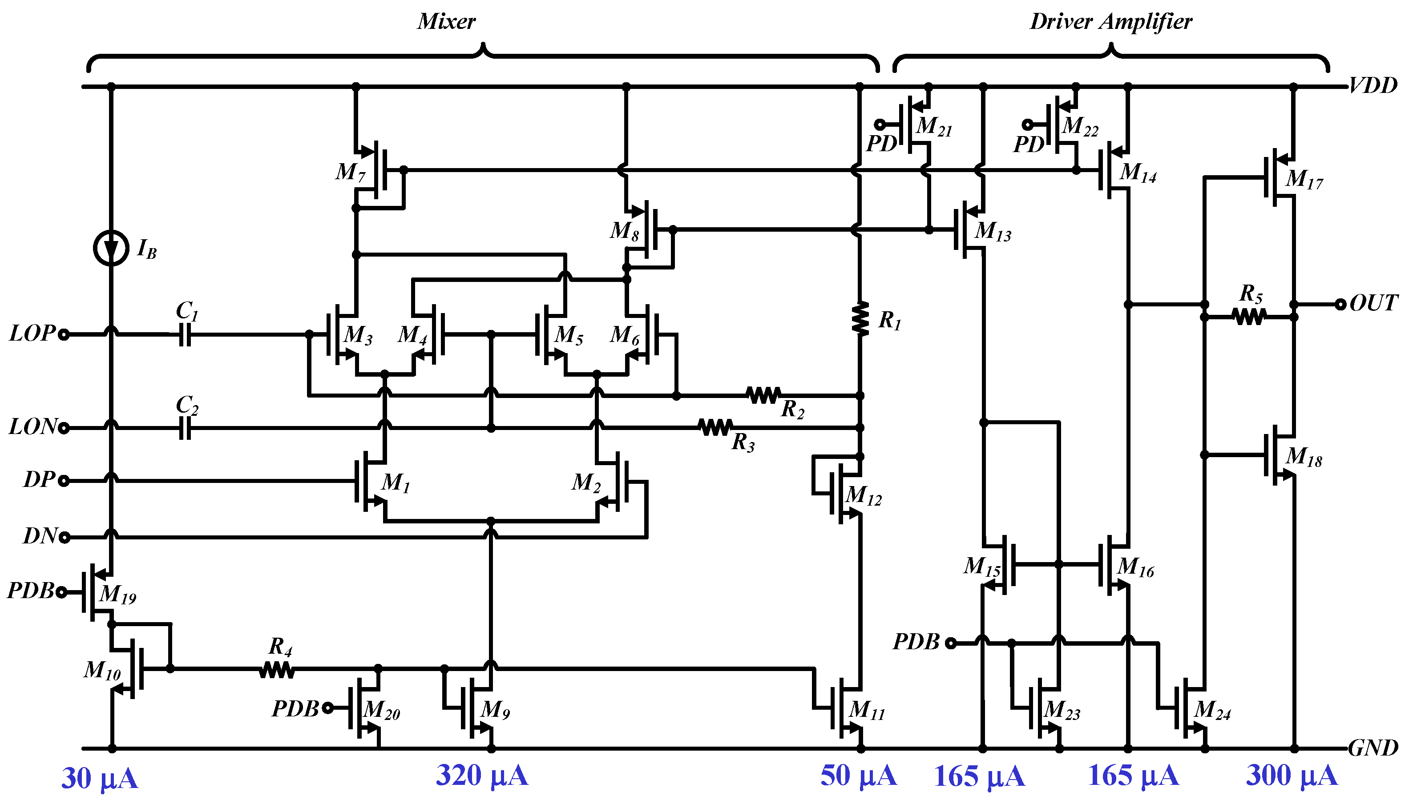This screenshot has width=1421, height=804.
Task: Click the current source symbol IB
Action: pos(111,249)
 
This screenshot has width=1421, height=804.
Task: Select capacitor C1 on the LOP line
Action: pos(185,334)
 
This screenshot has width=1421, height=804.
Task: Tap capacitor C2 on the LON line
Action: pos(185,427)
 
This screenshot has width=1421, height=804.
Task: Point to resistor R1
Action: pos(860,318)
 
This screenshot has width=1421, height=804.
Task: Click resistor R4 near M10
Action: pos(277,669)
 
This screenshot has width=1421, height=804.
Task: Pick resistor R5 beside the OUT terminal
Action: pos(1249,317)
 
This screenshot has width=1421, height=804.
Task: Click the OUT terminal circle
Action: pos(1340,304)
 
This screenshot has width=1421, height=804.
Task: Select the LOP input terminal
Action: pos(64,334)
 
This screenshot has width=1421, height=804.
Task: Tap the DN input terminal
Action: pos(64,537)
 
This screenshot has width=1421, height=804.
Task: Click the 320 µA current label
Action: pos(481,775)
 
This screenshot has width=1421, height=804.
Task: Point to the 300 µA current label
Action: pos(1291,775)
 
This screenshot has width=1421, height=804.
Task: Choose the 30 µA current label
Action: pos(99,779)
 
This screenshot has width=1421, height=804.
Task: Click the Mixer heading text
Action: pos(446,21)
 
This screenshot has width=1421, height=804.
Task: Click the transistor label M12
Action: pos(863,495)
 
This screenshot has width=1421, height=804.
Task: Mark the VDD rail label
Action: pos(1373,85)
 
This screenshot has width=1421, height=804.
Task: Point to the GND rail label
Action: pos(1373,748)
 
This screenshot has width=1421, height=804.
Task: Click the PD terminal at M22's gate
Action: pos(1027,124)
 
